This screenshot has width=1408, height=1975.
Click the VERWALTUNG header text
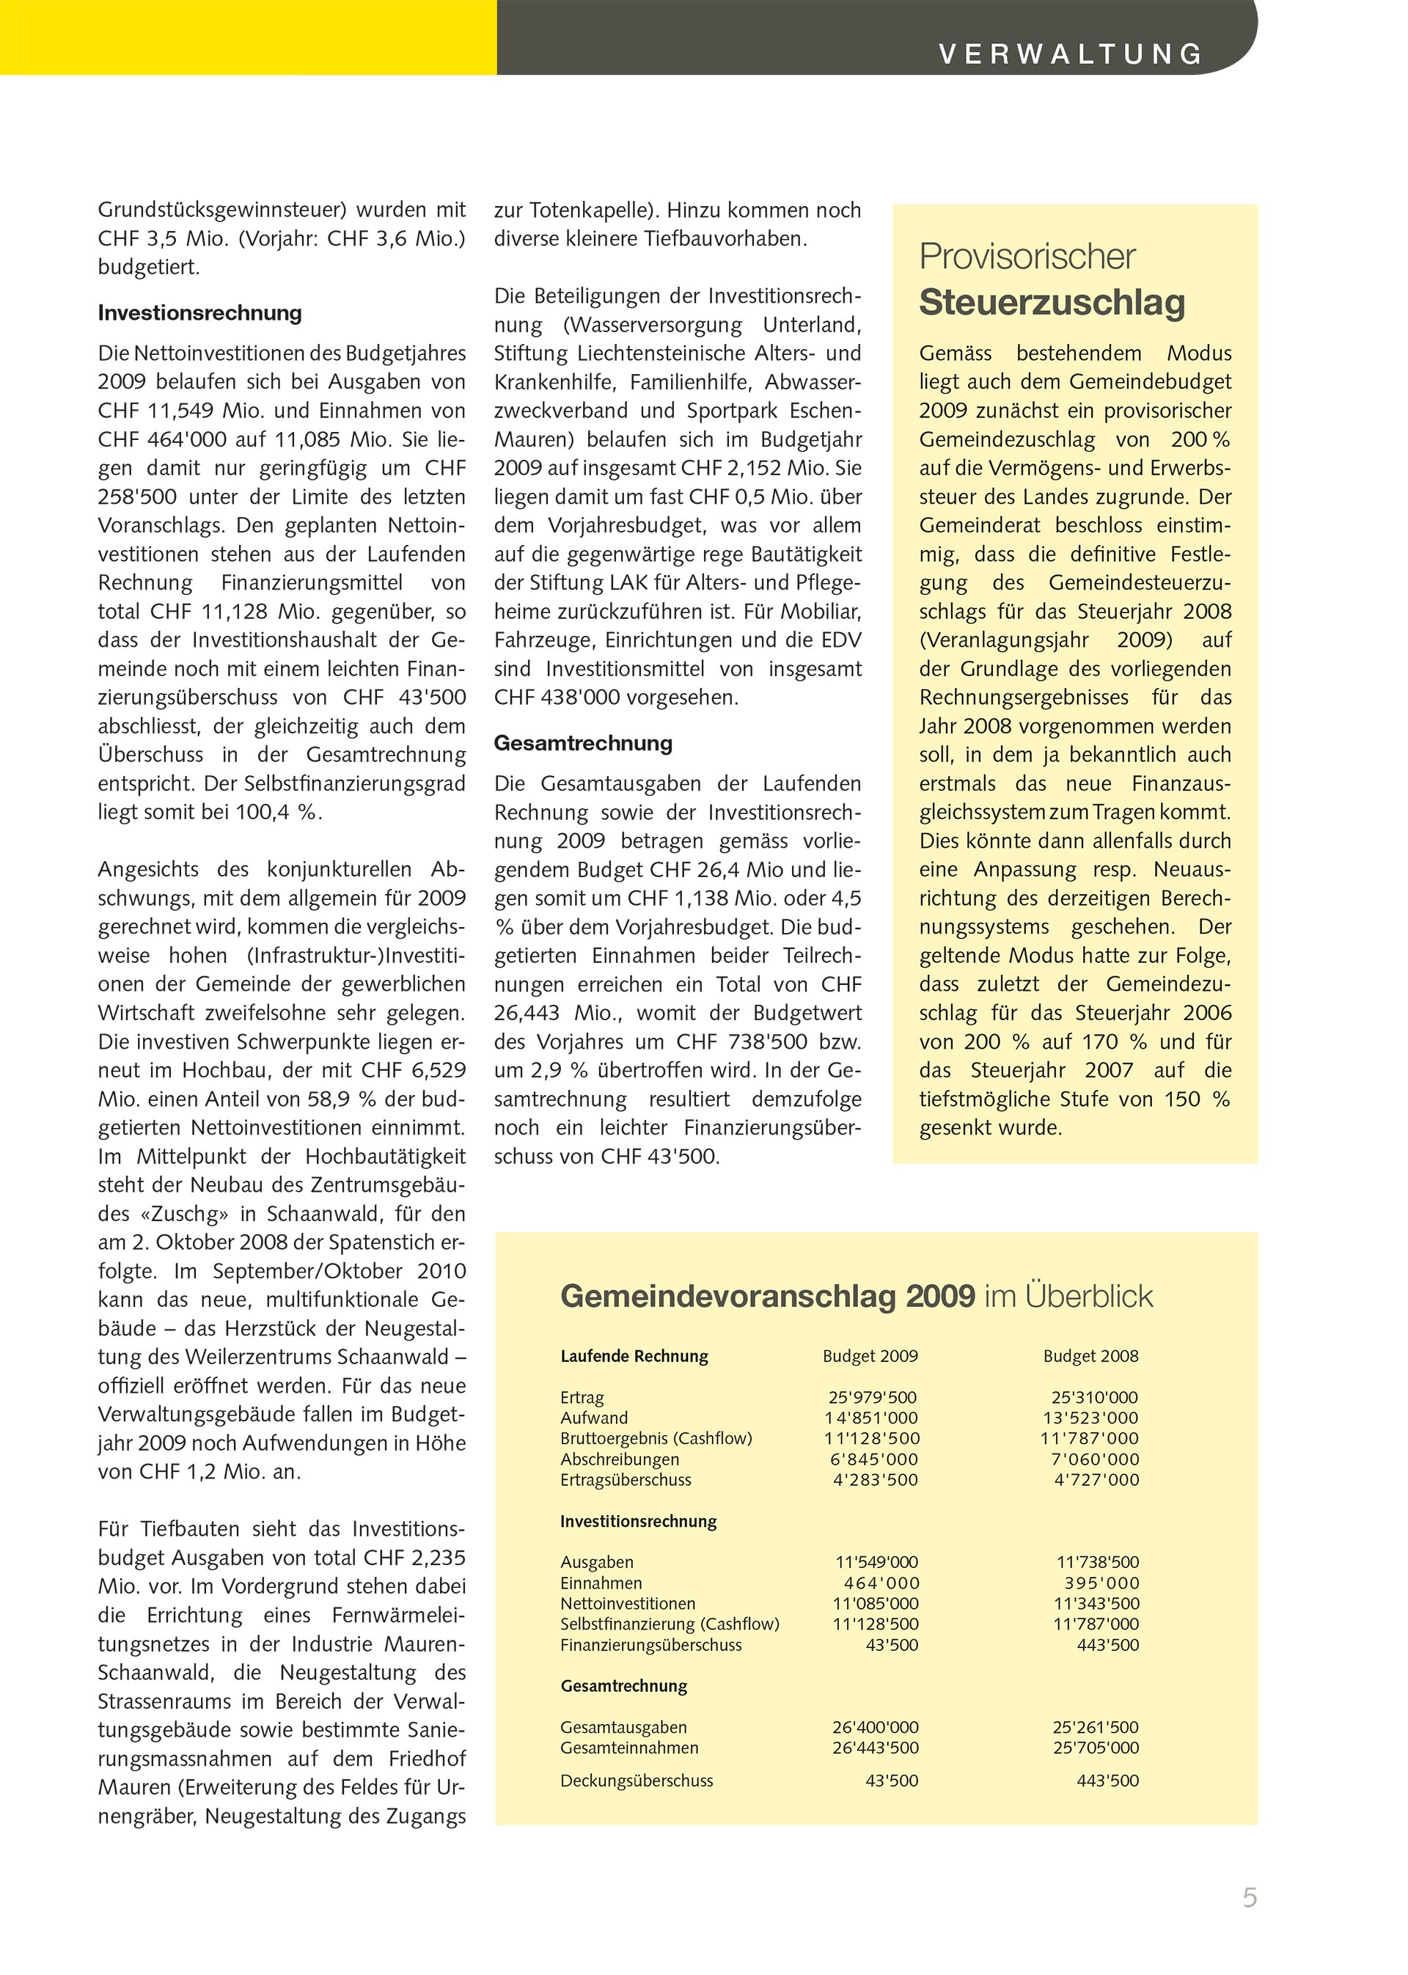[1071, 54]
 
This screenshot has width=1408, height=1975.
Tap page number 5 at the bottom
[1250, 1898]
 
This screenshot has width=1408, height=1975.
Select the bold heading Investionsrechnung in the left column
[199, 313]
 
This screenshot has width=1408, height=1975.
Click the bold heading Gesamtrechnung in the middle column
[582, 743]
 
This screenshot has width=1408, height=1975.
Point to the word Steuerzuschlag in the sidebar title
[1052, 303]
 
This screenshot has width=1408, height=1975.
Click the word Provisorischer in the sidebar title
[1027, 257]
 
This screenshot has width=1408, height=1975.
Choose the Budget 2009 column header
[870, 1356]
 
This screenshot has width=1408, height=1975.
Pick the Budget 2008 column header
[1090, 1356]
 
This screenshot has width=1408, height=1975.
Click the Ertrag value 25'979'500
[872, 1398]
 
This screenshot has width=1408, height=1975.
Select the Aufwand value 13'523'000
[1090, 1418]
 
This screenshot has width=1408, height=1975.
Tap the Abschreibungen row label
[619, 1459]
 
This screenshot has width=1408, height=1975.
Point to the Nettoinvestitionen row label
[628, 1604]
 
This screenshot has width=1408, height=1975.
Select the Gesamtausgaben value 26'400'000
[875, 1728]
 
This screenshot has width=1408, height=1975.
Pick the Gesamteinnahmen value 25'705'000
[1095, 1748]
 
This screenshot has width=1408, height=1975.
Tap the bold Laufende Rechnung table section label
[634, 1356]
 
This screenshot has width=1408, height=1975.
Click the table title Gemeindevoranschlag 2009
[767, 1296]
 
